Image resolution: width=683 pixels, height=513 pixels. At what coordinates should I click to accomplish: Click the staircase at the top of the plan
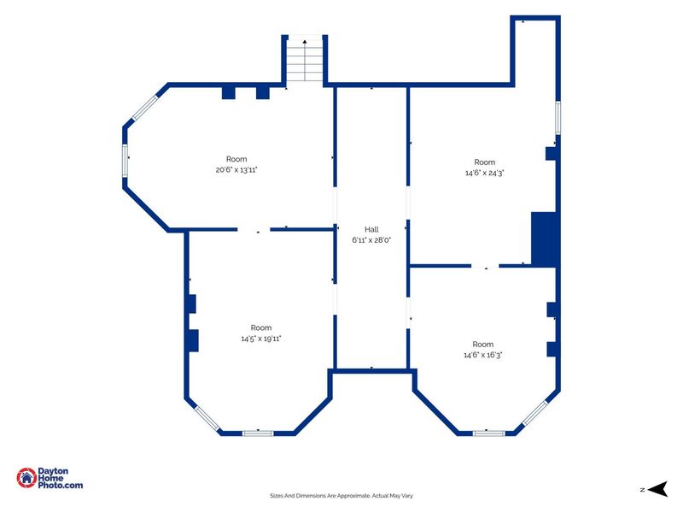305,60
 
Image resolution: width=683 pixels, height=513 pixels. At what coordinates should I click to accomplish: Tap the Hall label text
371,229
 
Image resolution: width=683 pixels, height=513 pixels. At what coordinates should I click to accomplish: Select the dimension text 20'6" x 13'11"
236,170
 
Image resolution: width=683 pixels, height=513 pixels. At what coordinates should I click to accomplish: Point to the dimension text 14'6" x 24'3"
485,173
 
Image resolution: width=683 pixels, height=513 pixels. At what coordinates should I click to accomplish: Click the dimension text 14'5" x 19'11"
261,339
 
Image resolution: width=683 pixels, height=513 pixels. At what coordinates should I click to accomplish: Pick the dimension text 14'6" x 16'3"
483,355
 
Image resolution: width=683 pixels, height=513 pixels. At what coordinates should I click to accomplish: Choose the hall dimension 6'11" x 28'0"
371,240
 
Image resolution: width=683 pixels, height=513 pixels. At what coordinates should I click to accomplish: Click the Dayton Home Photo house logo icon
26,478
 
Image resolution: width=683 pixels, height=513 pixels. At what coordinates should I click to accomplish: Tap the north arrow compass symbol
657,489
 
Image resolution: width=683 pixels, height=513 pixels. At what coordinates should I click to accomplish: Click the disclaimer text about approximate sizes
341,496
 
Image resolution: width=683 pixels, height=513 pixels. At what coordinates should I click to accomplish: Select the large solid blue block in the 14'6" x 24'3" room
544,239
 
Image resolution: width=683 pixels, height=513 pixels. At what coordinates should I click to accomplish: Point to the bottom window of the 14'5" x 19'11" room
258,433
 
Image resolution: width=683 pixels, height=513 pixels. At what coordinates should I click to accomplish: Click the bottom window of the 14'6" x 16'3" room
488,433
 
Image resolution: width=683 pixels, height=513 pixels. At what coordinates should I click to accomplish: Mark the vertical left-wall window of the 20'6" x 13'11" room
125,161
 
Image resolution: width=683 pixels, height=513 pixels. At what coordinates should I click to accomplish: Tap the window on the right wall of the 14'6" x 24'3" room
557,118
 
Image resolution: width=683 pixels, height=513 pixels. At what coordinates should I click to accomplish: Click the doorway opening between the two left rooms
254,229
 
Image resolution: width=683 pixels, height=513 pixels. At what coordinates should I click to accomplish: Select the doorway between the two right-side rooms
485,266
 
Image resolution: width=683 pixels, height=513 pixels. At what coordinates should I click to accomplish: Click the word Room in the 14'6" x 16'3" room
483,345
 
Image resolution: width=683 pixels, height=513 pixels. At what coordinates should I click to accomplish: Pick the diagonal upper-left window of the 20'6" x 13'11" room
144,108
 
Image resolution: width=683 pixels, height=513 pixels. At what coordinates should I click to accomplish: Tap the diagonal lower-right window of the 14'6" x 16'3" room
535,413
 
